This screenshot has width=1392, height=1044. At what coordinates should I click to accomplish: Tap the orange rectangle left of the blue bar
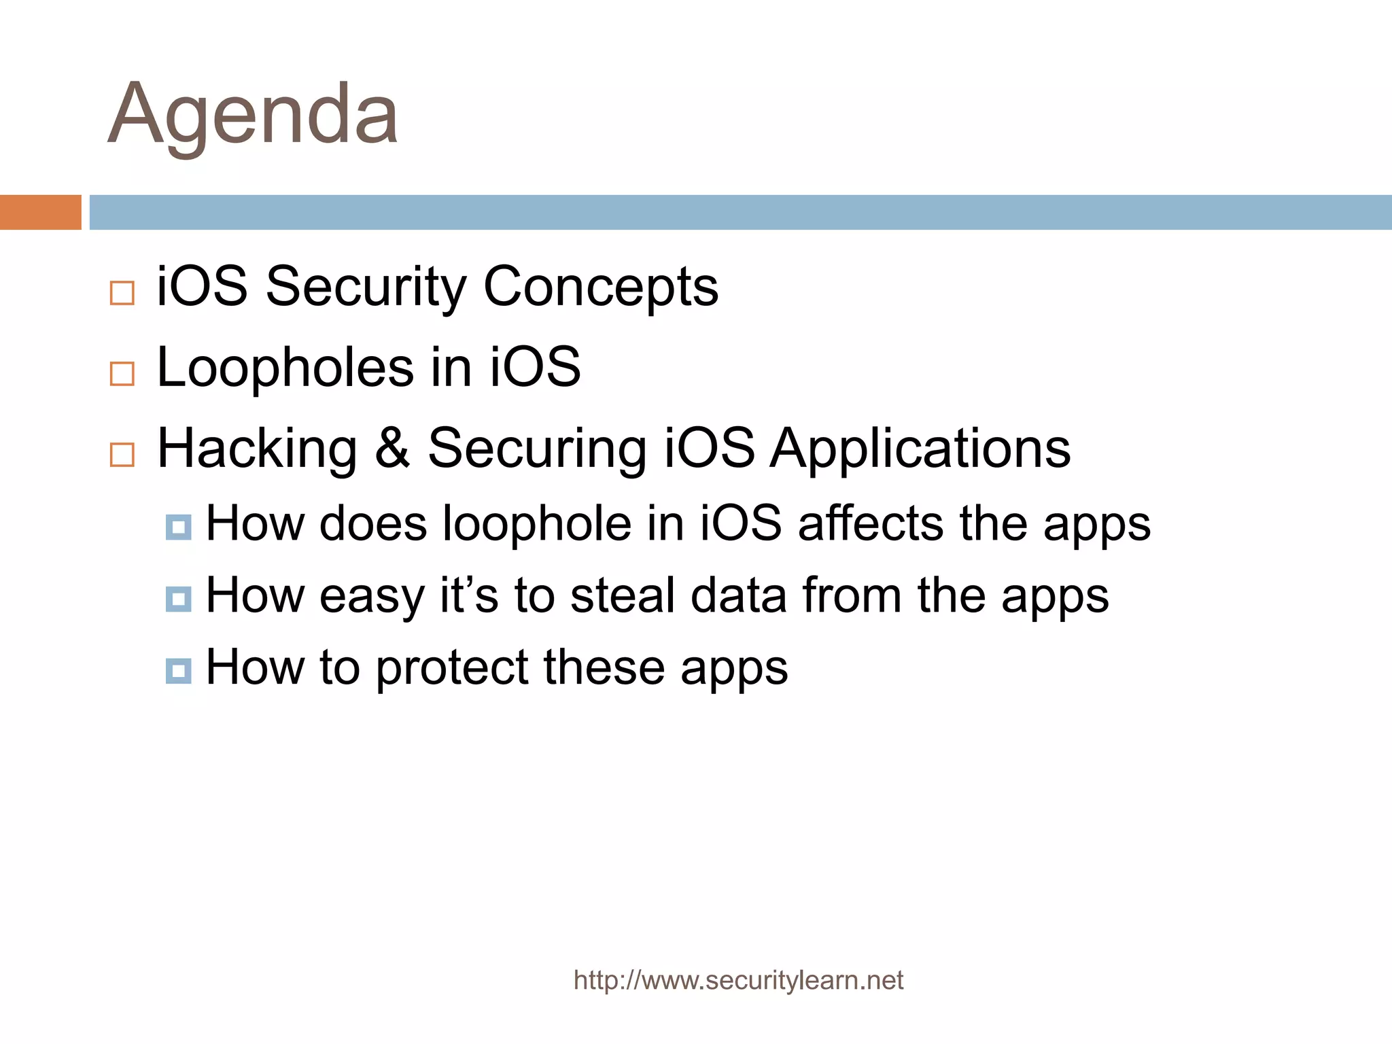click(x=40, y=212)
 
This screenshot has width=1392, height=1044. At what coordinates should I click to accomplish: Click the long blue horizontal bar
click(x=739, y=212)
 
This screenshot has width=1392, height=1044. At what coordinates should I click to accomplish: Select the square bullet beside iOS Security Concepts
click(x=122, y=293)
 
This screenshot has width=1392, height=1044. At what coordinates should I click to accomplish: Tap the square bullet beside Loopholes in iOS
click(x=122, y=374)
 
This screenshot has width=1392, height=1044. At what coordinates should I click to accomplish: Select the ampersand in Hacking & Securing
click(x=392, y=449)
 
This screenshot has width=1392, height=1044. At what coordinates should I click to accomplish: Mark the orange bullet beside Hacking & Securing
click(x=122, y=454)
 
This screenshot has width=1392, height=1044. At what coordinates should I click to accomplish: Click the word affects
click(x=871, y=524)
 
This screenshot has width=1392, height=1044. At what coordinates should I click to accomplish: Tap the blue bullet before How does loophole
click(x=178, y=527)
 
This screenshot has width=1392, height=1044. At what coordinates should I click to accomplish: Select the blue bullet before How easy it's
click(x=178, y=599)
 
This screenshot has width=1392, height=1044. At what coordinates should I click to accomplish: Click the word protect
click(x=452, y=669)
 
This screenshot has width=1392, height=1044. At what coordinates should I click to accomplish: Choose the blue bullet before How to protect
click(x=178, y=672)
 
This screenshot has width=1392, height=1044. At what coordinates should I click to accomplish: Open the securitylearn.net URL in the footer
click(x=738, y=980)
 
